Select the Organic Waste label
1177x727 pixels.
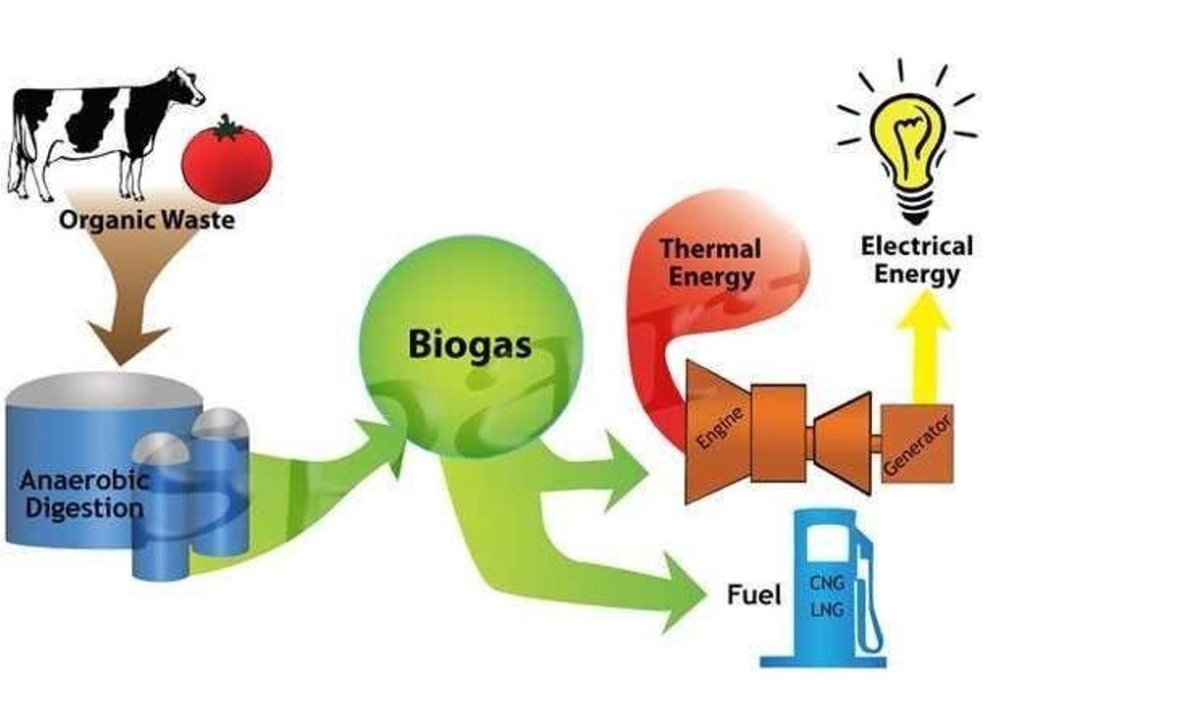[x=147, y=218]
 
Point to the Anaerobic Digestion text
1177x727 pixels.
[x=83, y=494]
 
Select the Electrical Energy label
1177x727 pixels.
[x=916, y=259]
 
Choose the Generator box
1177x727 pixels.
[x=917, y=443]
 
